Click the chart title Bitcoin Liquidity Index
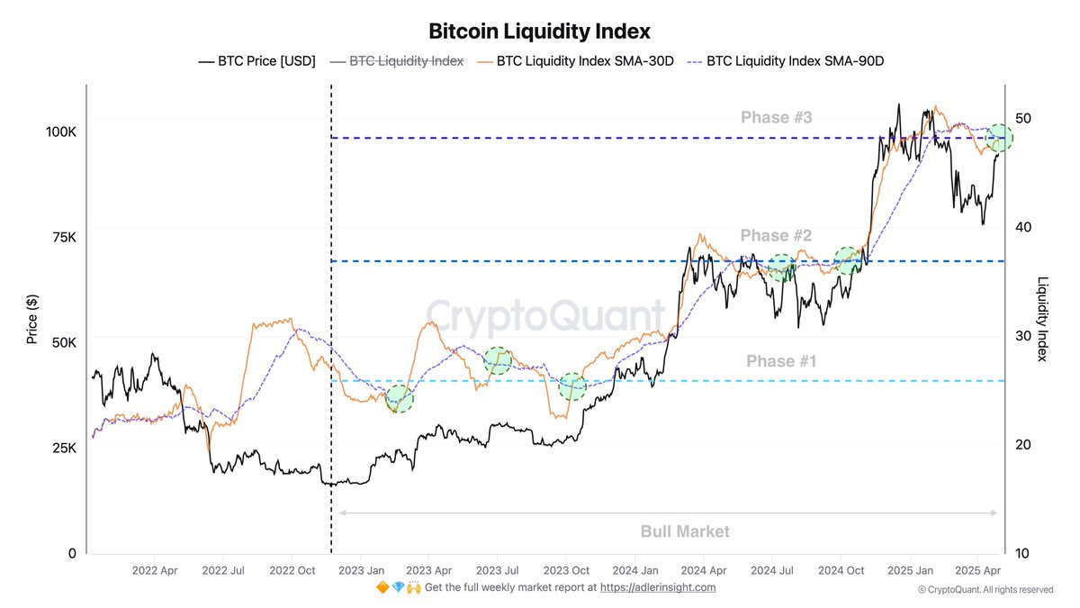click(x=539, y=32)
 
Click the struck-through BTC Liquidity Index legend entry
click(x=406, y=61)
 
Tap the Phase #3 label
click(x=776, y=117)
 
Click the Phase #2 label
click(x=776, y=235)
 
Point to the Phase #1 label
click(x=780, y=361)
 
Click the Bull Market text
click(x=685, y=531)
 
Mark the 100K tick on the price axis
click(x=61, y=132)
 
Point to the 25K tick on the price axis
click(x=64, y=448)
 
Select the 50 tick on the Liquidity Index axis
click(x=1024, y=118)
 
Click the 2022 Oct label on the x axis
click(x=292, y=570)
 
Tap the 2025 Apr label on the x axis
click(x=978, y=570)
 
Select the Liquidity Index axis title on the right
click(x=1043, y=319)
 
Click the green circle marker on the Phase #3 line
click(x=999, y=138)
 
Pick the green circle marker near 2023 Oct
click(x=572, y=386)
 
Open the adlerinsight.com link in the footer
click(x=658, y=587)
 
